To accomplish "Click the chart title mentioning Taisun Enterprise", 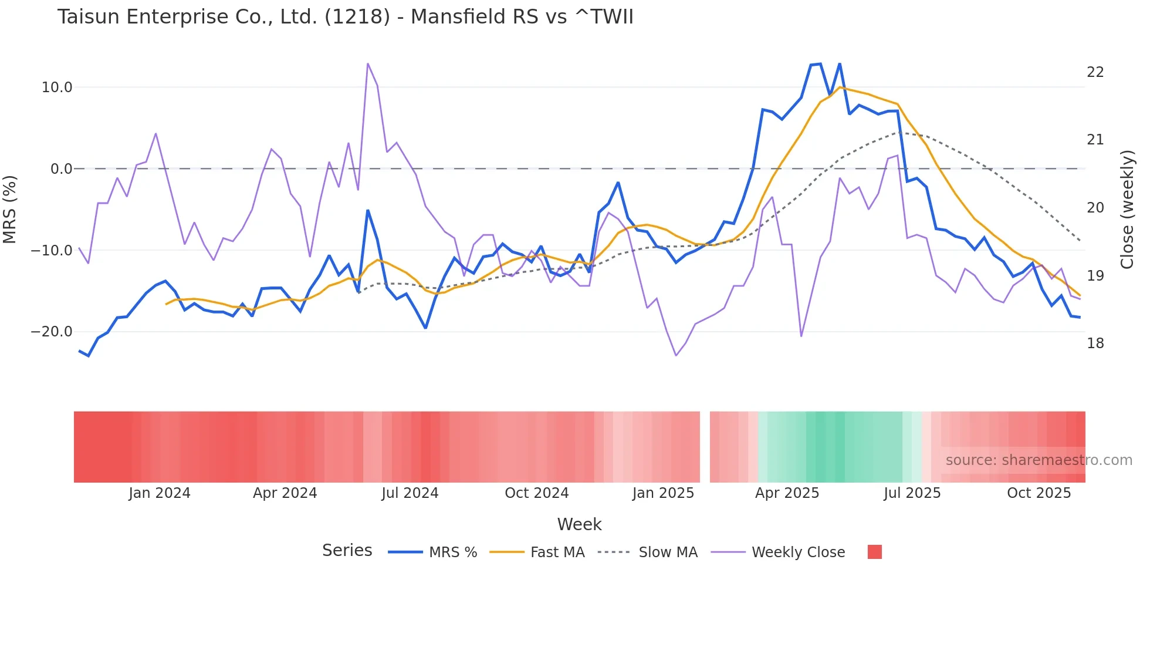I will [345, 17].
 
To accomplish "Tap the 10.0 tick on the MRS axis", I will [57, 87].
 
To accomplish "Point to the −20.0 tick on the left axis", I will [52, 332].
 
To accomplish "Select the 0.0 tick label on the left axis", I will [62, 169].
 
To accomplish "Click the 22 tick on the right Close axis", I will [1095, 72].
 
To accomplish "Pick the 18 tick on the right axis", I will [1095, 343].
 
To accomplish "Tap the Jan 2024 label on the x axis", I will [160, 493].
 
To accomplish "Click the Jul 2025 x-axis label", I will [912, 493].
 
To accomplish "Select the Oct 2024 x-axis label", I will [536, 493].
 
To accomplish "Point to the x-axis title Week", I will [579, 524].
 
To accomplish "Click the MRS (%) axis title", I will [10, 209].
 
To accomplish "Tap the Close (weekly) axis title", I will [1127, 209].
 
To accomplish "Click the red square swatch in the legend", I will [874, 552].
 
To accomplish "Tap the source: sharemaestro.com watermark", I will [1039, 460].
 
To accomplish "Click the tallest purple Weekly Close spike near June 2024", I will [367, 64].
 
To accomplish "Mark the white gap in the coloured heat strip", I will [705, 447].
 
